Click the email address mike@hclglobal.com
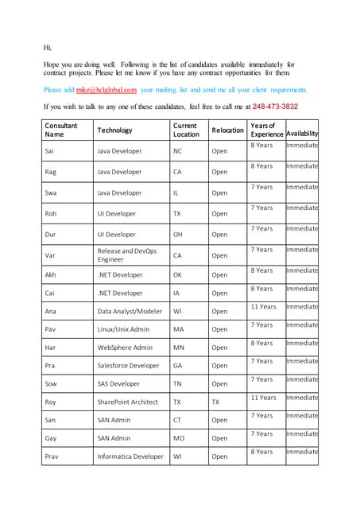[106, 91]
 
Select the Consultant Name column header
[61, 130]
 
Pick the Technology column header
[114, 130]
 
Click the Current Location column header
[186, 130]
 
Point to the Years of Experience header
[266, 130]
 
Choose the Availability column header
[302, 134]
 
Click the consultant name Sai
[51, 151]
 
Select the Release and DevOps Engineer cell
[126, 255]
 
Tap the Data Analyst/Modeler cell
[127, 312]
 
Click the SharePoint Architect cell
[127, 402]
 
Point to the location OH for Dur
[179, 235]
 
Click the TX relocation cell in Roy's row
[215, 402]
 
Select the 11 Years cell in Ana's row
[263, 307]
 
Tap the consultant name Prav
[53, 457]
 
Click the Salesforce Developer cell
[128, 366]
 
